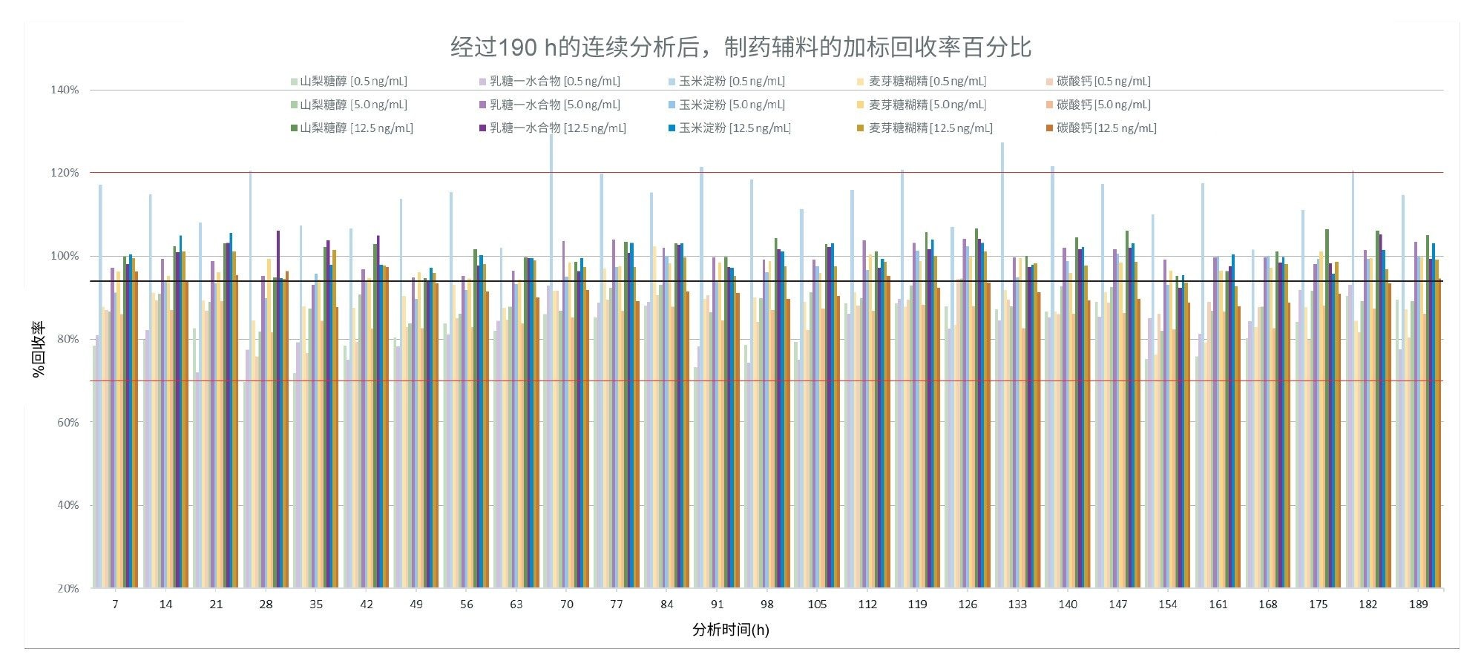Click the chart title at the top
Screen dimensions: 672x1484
741,47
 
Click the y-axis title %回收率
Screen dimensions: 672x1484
39,349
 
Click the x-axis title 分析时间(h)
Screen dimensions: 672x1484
730,630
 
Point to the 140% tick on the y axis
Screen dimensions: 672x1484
65,90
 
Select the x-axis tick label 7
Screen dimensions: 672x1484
115,605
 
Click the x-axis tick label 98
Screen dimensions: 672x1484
766,605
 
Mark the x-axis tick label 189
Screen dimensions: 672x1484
1418,605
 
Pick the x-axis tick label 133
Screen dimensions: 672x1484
1017,605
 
